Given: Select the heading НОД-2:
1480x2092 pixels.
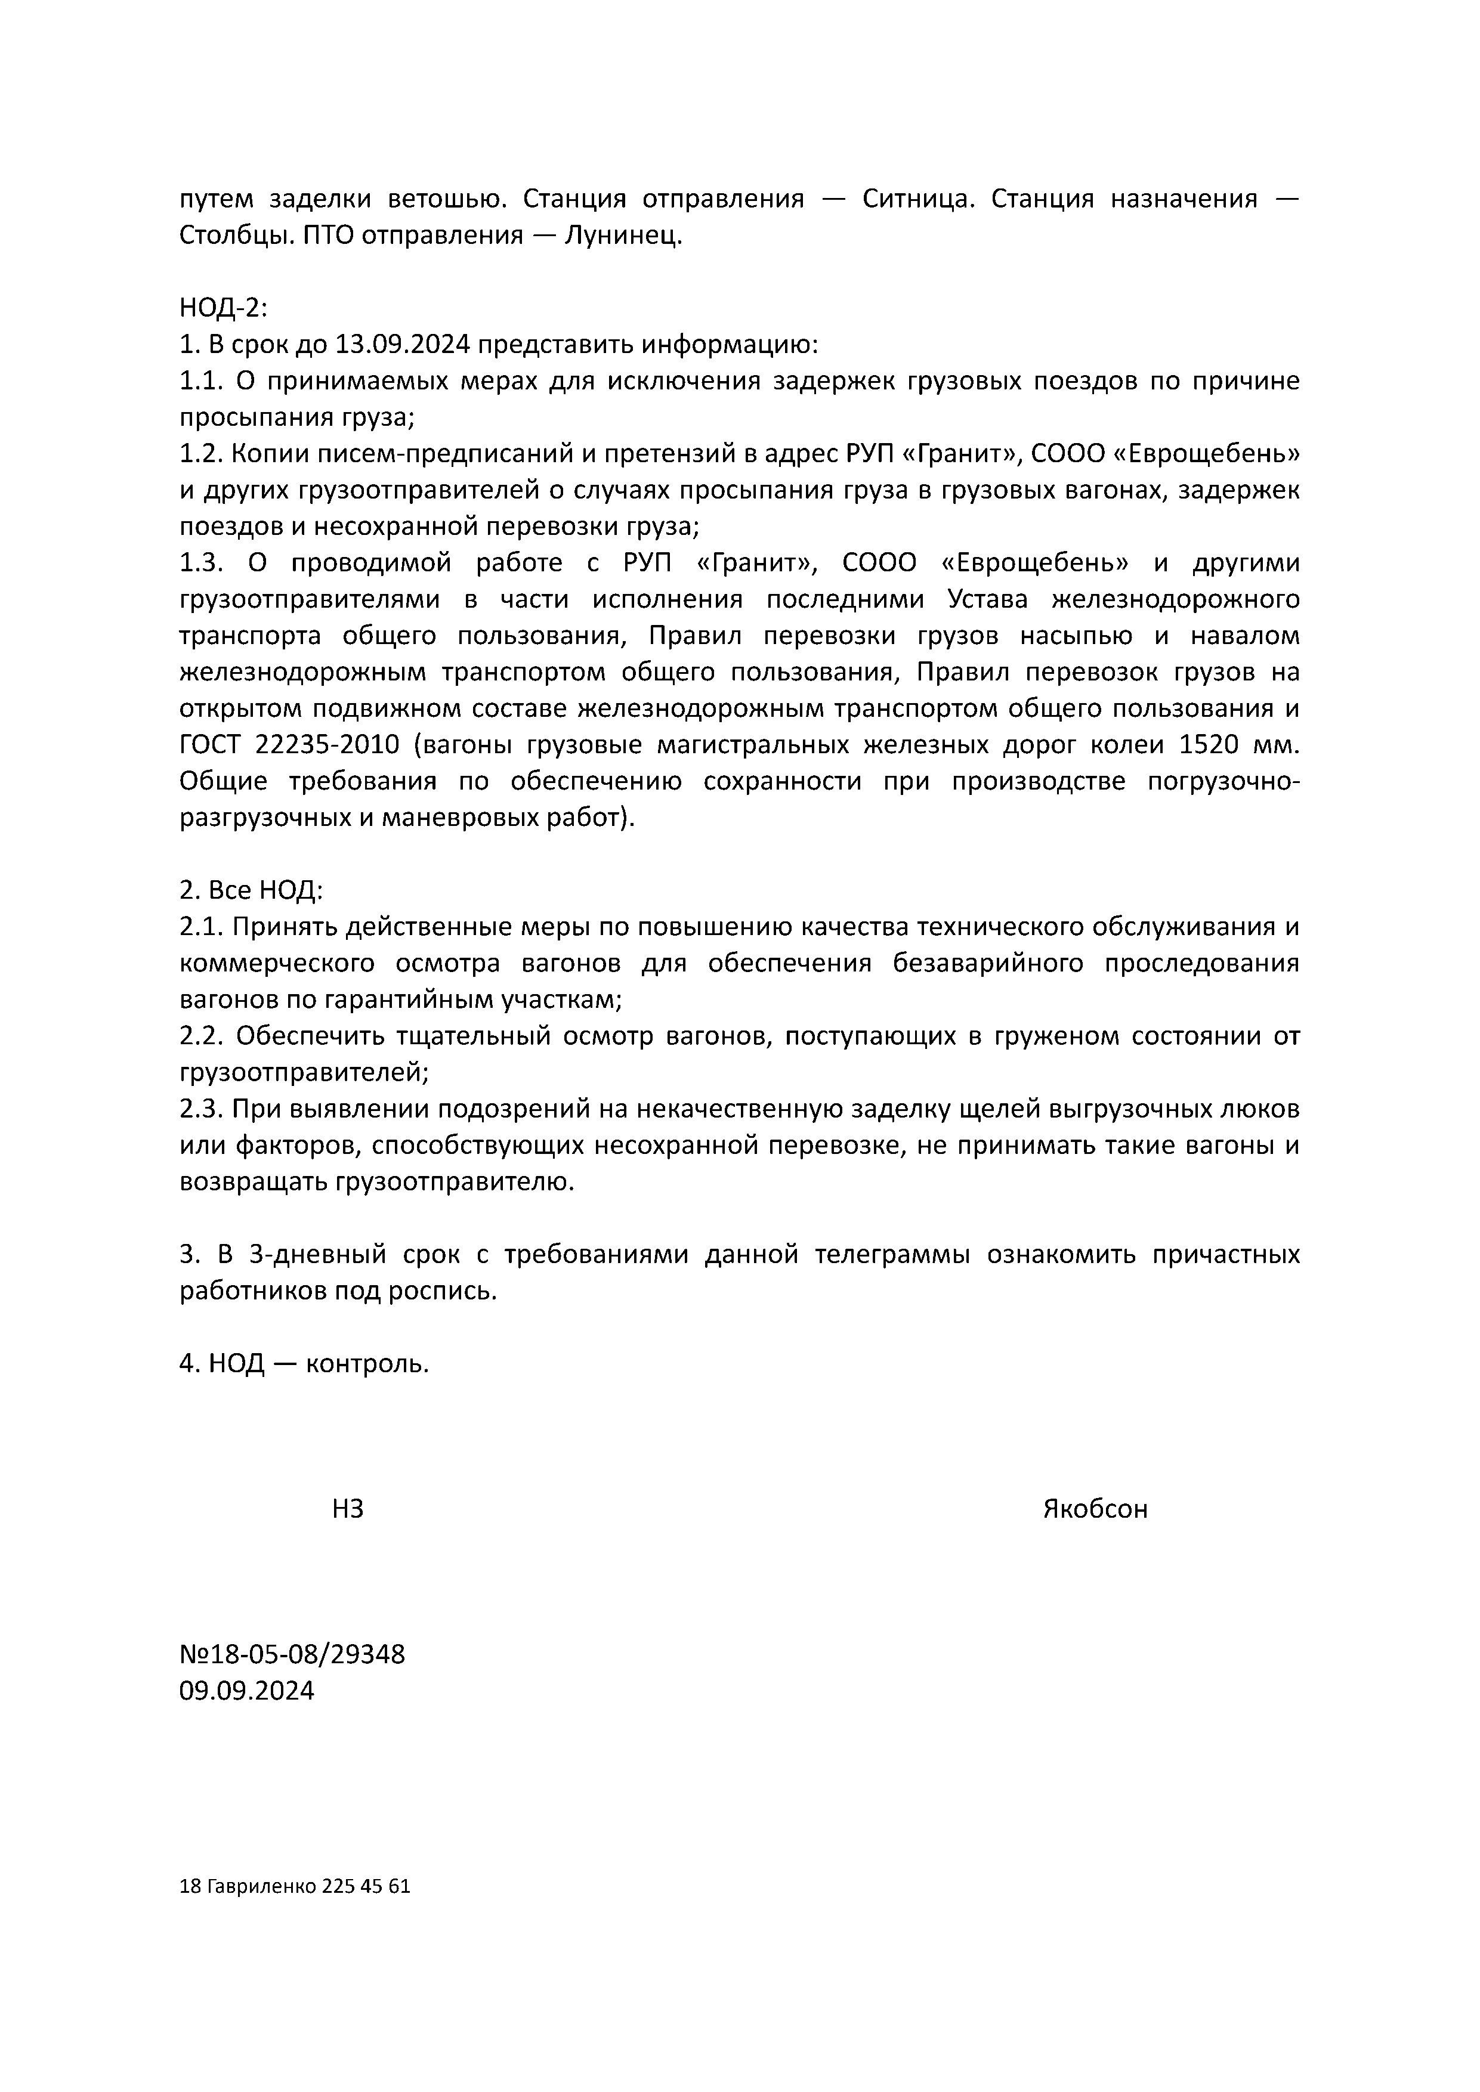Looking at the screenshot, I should tap(223, 309).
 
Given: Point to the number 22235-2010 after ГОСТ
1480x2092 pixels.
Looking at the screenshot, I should tap(327, 745).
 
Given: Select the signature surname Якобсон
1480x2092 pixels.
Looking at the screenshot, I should tap(1095, 1510).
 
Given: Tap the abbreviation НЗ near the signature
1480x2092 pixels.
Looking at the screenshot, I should tap(347, 1510).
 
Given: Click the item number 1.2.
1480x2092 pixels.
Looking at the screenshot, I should tap(200, 454).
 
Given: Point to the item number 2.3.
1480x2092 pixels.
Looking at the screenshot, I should tap(200, 1109).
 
